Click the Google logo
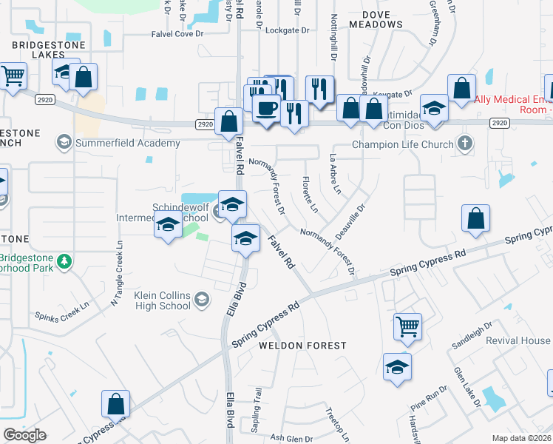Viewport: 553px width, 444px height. [24, 435]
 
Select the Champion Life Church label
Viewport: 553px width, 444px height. [402, 144]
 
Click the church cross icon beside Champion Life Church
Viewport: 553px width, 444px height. [465, 143]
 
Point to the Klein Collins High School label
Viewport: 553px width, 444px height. [162, 300]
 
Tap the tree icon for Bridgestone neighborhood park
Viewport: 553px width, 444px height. [64, 260]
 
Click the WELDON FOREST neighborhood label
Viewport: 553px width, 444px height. [302, 346]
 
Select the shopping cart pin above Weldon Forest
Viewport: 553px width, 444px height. [407, 325]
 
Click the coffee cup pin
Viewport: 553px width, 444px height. [265, 108]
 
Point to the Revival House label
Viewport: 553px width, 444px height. [518, 340]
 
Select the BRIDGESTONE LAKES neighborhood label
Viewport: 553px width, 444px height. [49, 51]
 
